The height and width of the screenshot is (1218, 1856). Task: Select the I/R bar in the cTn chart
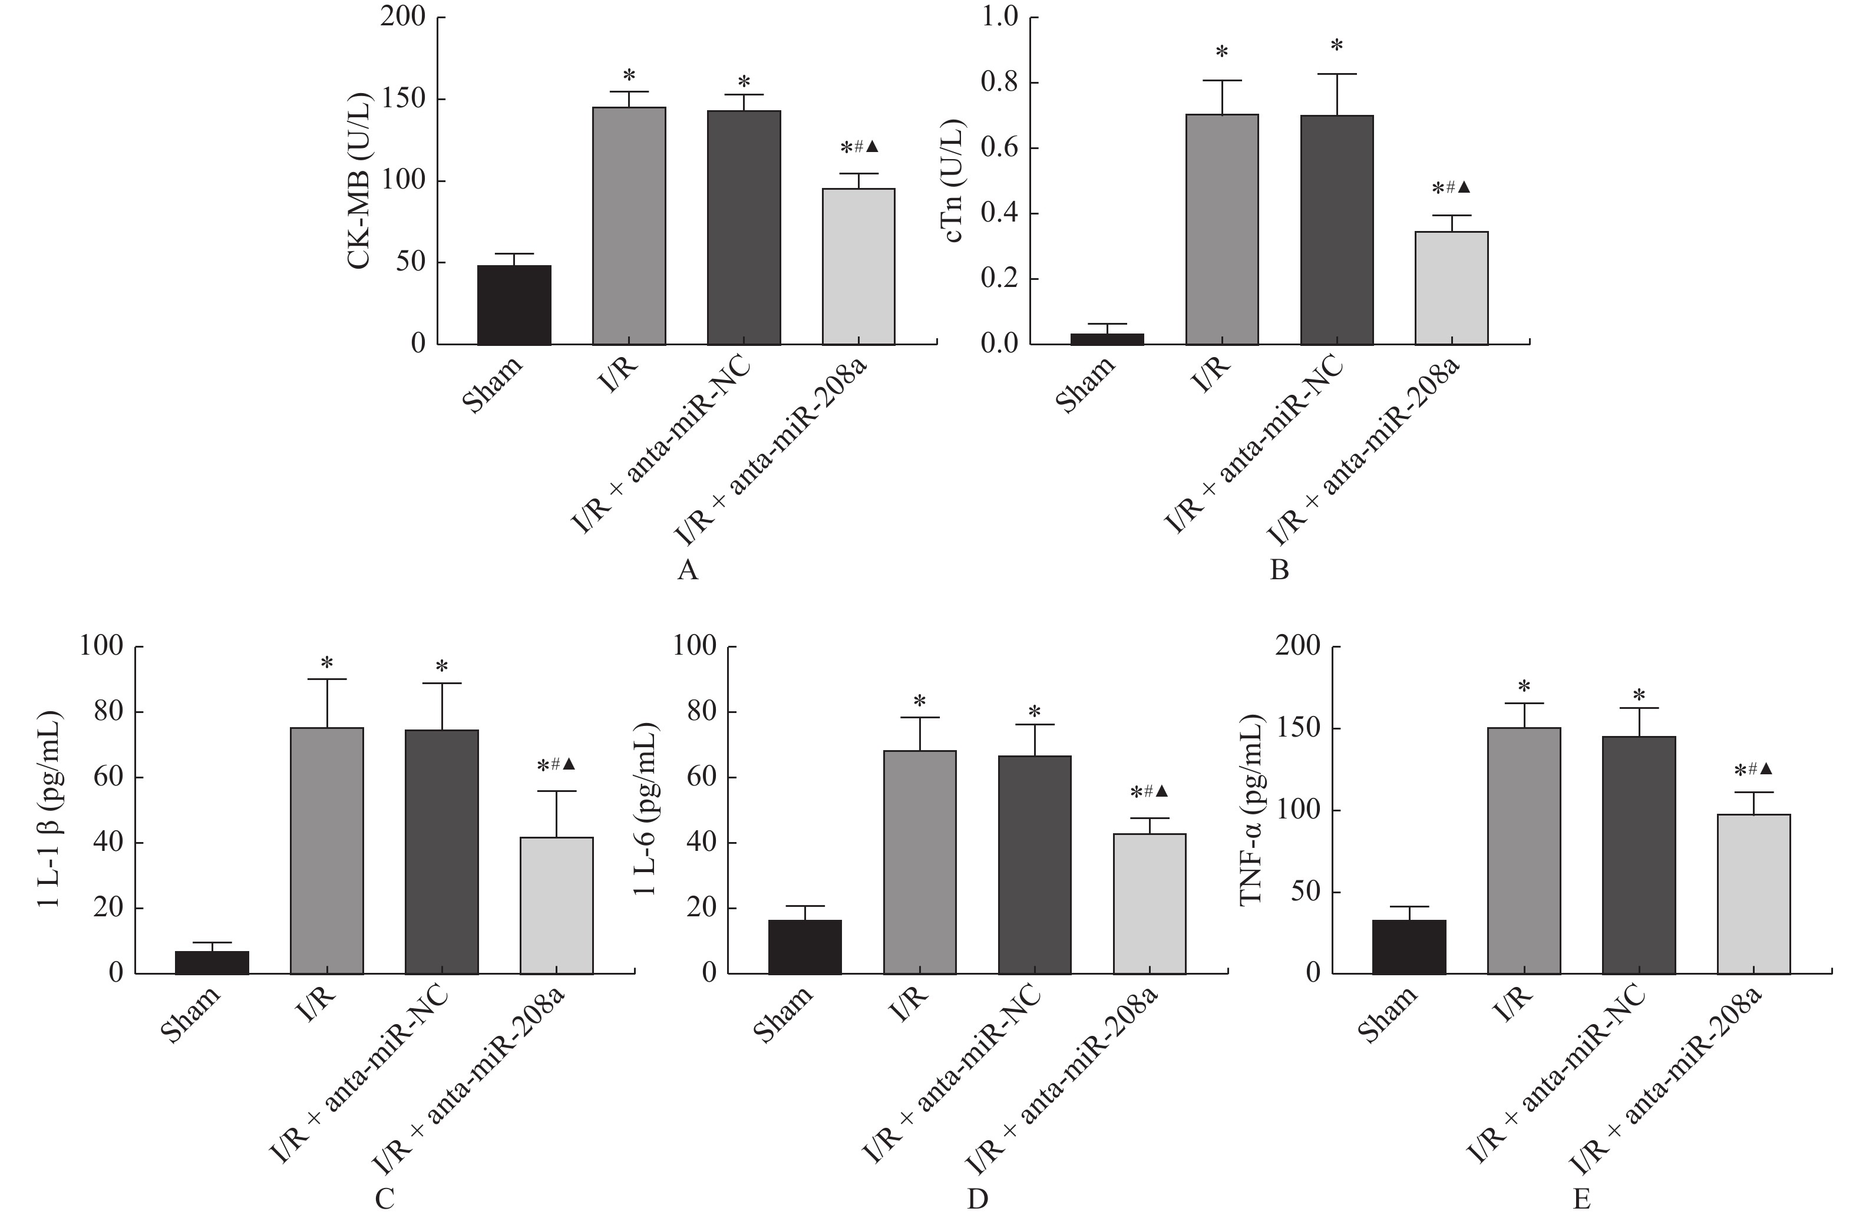pos(1222,229)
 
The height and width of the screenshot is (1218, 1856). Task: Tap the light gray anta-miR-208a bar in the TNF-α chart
pos(1754,894)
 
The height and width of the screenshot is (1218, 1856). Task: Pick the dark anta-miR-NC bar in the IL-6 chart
pos(1035,865)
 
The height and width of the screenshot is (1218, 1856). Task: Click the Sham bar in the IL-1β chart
pos(212,962)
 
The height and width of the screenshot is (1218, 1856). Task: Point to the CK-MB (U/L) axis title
pos(359,181)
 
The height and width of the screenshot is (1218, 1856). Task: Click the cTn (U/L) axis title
pos(956,181)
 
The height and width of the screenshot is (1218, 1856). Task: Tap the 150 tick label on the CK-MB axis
pos(405,100)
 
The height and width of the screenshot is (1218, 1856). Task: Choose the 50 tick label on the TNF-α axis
pos(1306,892)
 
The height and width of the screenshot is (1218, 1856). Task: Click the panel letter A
pos(687,571)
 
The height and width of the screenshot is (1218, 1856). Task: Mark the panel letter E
pos(1581,1199)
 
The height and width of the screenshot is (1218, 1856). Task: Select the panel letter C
pos(384,1199)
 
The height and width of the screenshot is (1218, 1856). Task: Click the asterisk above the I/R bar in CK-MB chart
pos(629,75)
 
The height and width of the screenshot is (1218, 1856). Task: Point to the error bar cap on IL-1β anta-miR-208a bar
pos(557,791)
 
